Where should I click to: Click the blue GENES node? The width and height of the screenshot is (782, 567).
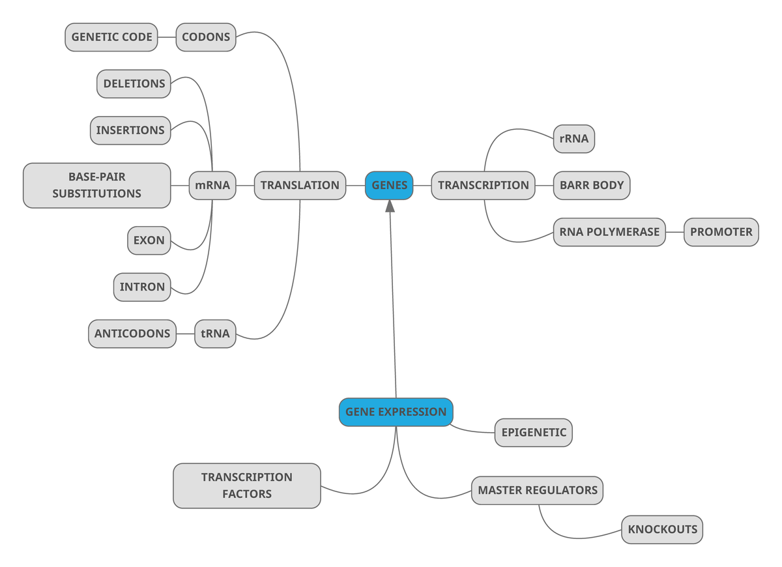(389, 185)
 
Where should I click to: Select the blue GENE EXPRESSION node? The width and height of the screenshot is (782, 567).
(396, 412)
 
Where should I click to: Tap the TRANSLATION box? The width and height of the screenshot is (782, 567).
(300, 185)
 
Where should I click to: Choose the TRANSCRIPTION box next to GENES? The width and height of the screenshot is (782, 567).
(483, 185)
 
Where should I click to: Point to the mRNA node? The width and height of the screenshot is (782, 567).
(212, 185)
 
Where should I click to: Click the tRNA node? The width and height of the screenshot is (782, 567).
(215, 334)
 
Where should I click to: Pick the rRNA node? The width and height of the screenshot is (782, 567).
(573, 139)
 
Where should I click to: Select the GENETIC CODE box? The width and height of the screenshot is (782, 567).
(111, 37)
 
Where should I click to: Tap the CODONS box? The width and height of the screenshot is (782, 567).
(206, 37)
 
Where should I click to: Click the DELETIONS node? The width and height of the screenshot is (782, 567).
(134, 84)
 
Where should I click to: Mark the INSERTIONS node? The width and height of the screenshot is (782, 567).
(130, 130)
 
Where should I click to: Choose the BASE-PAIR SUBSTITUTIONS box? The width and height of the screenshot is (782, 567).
(97, 185)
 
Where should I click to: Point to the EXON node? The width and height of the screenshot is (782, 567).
(149, 240)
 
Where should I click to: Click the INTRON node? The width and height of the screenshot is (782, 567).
(142, 287)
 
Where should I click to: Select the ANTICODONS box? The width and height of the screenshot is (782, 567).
(132, 334)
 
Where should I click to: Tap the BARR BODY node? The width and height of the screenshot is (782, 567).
(592, 185)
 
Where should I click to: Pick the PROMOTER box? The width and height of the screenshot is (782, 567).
(721, 232)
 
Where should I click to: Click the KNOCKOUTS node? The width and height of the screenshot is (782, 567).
(662, 529)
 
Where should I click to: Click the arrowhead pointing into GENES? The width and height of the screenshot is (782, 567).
(390, 206)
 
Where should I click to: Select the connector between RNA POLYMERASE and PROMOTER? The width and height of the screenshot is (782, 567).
(674, 232)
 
